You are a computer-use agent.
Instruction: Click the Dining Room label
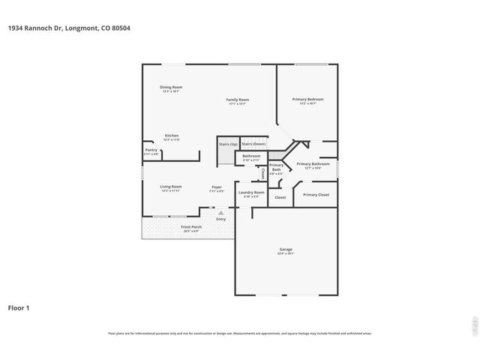[x=171, y=88]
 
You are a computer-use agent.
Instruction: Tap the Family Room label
[x=238, y=100]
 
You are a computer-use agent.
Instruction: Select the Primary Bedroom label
[x=308, y=100]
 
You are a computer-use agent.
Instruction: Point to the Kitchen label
[x=172, y=136]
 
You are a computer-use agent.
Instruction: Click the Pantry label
[x=151, y=151]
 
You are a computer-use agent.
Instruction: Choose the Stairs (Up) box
[x=228, y=143]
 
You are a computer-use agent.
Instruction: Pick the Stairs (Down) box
[x=253, y=143]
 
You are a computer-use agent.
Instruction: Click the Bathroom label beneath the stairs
[x=251, y=157]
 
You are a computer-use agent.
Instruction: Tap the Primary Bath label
[x=276, y=167]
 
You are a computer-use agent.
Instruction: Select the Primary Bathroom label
[x=313, y=164]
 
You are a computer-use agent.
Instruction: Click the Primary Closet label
[x=316, y=195]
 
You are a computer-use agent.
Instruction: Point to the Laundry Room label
[x=251, y=193]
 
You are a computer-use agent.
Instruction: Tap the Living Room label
[x=171, y=187]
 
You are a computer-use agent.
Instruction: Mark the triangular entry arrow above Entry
[x=220, y=213]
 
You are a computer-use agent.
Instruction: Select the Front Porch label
[x=191, y=227]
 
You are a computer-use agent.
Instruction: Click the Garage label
[x=286, y=250]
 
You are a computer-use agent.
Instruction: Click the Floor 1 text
[x=19, y=307]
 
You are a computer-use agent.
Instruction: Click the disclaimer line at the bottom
[x=240, y=334]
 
